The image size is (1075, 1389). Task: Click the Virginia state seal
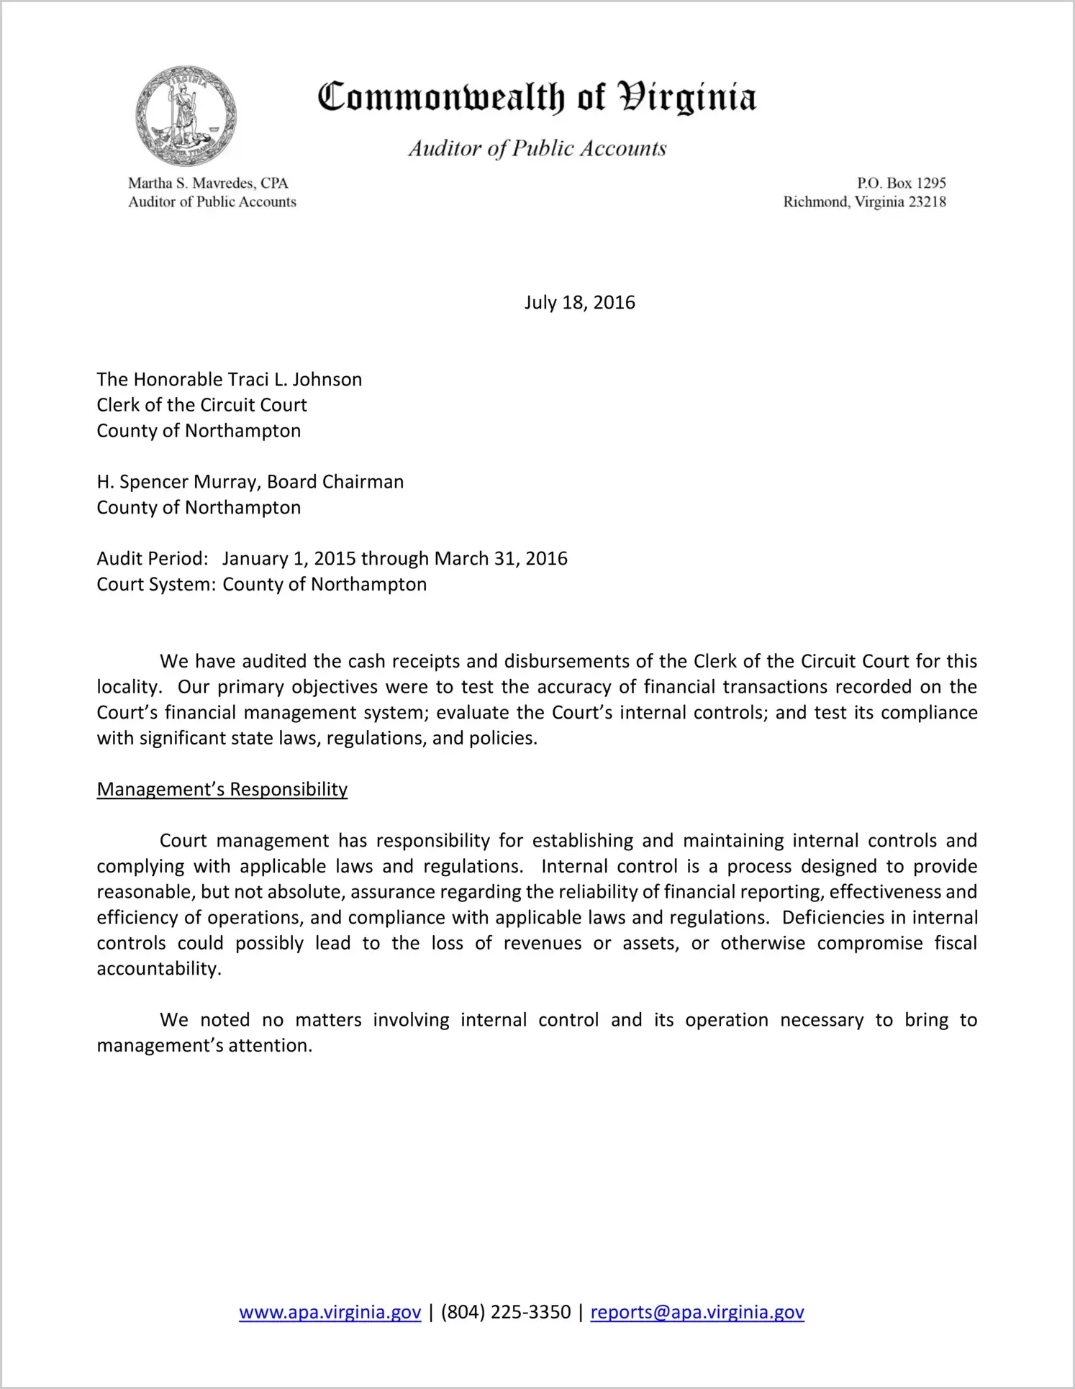[x=186, y=117]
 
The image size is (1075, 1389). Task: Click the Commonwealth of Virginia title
[x=537, y=98]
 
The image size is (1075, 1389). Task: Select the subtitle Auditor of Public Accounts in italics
[x=537, y=148]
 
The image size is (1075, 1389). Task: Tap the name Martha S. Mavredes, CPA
[x=208, y=183]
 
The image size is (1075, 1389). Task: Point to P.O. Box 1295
[x=901, y=183]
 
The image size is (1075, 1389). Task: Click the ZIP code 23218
[x=927, y=202]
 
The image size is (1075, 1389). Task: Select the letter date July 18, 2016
[x=579, y=302]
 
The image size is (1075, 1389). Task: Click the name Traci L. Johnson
[x=295, y=380]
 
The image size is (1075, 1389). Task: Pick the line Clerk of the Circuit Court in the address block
[x=201, y=405]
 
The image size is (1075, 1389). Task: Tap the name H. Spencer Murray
[x=178, y=482]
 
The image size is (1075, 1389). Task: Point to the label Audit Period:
[x=153, y=559]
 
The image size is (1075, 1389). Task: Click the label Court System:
[x=156, y=585]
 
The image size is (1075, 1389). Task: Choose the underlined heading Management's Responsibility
[x=222, y=790]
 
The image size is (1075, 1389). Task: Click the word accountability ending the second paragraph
[x=158, y=969]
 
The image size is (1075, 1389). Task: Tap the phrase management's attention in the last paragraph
[x=204, y=1046]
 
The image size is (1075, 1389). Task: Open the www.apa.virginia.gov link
[x=330, y=1312]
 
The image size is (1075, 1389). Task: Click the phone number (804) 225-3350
[x=505, y=1312]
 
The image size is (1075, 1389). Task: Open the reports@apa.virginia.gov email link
[x=697, y=1312]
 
